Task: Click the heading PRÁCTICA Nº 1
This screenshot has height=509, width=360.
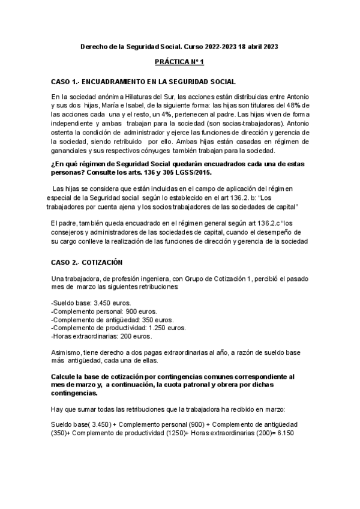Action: point(179,62)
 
